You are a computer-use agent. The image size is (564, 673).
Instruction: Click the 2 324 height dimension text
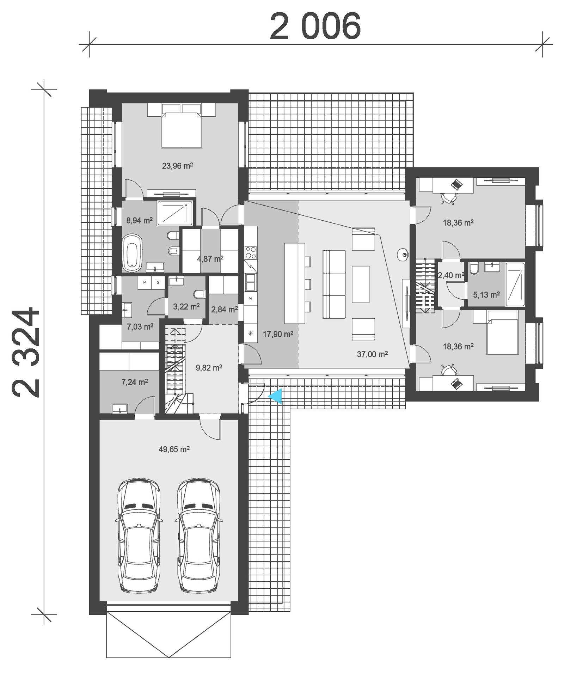point(25,352)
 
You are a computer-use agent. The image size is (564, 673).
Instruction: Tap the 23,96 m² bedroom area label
point(177,166)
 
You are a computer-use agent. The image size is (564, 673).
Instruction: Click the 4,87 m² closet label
point(210,259)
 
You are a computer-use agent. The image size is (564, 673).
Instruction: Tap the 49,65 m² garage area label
point(174,449)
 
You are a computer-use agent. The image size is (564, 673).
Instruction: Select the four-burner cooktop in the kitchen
point(251,253)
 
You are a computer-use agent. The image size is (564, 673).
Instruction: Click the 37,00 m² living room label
point(372,354)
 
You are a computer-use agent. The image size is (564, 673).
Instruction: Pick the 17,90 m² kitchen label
point(278,334)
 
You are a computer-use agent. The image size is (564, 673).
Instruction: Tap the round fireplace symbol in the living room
point(403,254)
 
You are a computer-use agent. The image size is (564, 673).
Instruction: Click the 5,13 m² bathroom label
point(486,295)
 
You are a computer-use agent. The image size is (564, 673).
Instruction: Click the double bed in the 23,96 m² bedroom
point(181,129)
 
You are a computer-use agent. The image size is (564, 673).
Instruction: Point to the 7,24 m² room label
point(134,382)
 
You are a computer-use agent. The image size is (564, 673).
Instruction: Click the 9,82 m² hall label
point(209,368)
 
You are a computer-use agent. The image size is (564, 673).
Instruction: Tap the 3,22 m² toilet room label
point(186,306)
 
